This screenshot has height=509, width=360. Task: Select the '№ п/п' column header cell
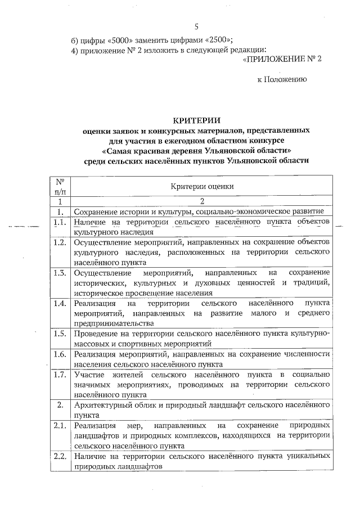pos(59,186)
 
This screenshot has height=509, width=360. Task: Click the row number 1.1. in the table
pos(59,223)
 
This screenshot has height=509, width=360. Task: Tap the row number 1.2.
pos(59,242)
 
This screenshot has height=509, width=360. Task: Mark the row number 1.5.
pos(59,334)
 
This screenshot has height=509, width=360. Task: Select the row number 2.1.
pos(59,425)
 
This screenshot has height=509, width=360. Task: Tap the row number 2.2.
pos(59,456)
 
